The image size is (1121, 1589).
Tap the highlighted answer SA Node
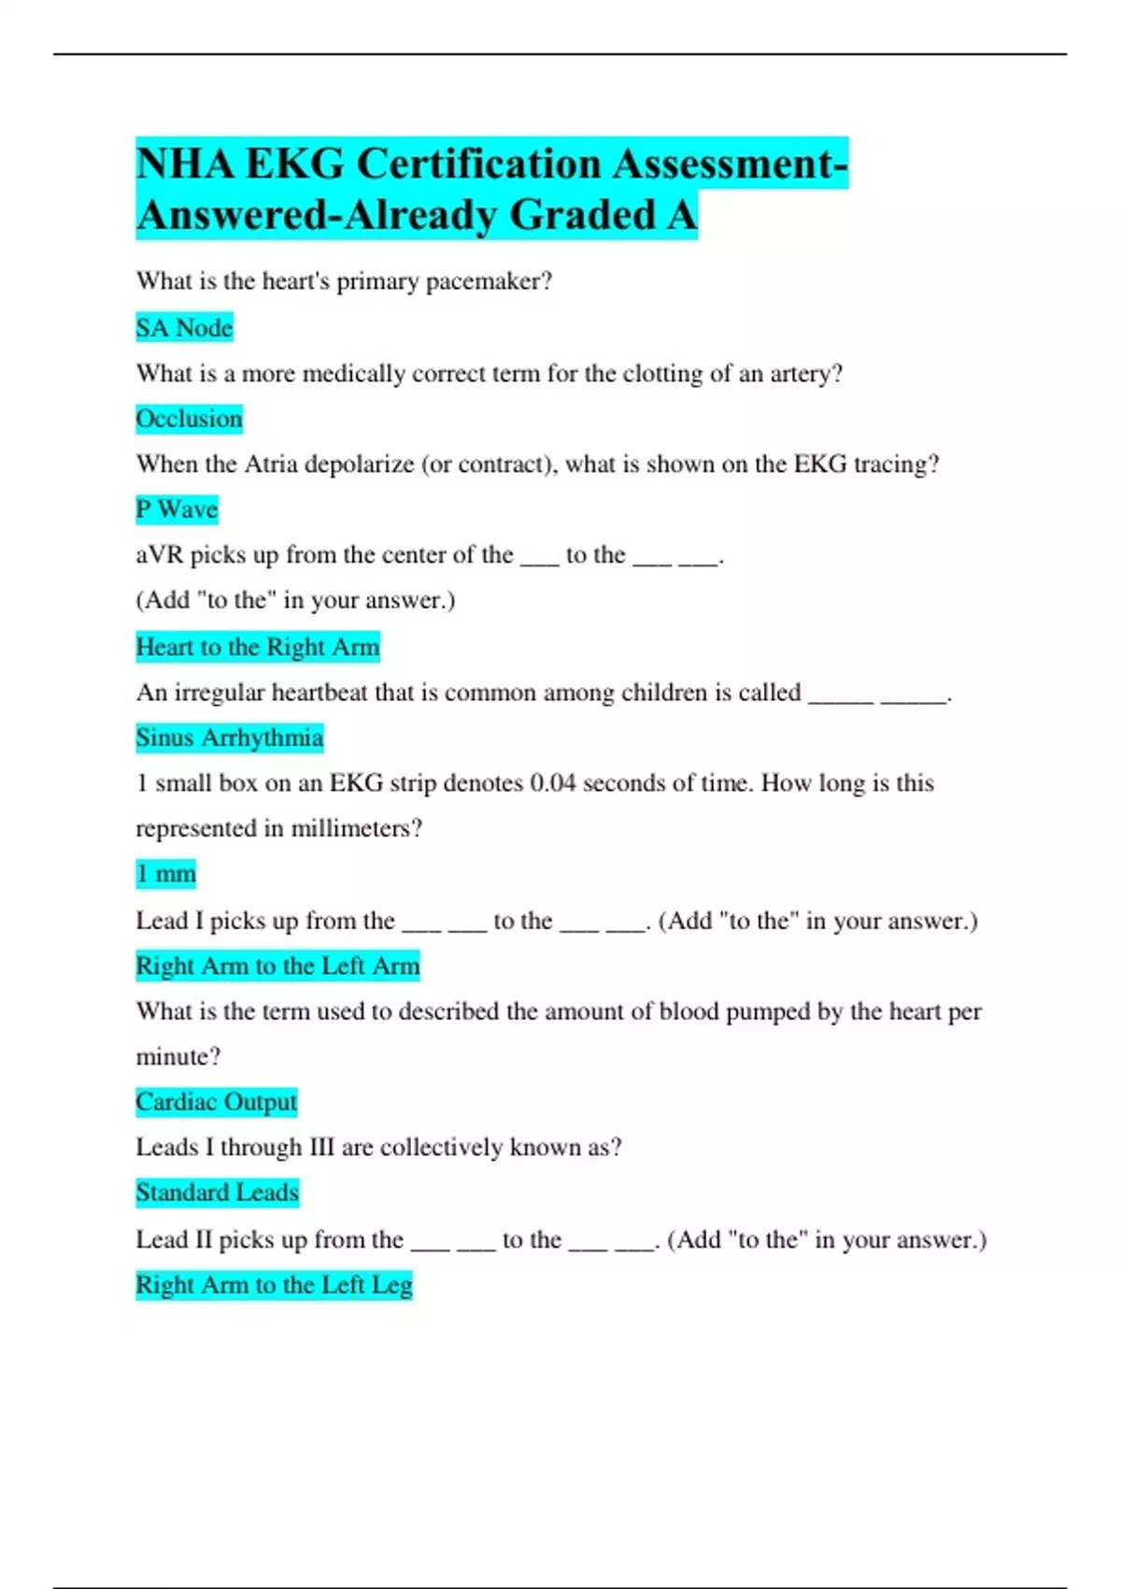(x=184, y=328)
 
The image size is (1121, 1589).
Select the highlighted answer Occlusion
(x=189, y=419)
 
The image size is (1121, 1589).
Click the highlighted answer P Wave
(x=177, y=509)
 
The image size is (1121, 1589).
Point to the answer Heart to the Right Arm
(x=258, y=647)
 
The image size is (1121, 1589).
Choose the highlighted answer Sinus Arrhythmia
(x=230, y=737)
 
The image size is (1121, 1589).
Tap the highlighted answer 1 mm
(x=166, y=874)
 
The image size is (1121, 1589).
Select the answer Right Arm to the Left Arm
(x=277, y=966)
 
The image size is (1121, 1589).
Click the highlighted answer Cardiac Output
(x=216, y=1102)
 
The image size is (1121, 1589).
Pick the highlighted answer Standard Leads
(x=217, y=1193)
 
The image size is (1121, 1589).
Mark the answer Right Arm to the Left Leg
(x=274, y=1285)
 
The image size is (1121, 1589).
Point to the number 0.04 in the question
(x=552, y=783)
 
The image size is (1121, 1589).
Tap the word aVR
(x=160, y=555)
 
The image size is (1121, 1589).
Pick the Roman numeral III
(x=321, y=1148)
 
